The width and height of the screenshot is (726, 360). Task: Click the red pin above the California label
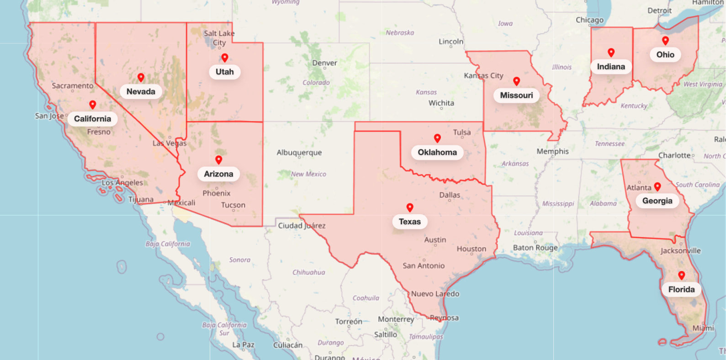coord(92,105)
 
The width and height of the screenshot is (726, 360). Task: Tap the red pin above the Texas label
coord(410,208)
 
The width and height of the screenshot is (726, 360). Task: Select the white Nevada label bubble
coord(141,91)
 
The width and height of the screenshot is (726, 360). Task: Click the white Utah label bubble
coord(224,72)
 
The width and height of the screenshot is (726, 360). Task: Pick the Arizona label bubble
coord(218,174)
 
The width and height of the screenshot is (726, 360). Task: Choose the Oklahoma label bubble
coord(437,152)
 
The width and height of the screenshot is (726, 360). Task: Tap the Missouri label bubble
coord(516,95)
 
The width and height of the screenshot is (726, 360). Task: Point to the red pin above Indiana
coord(611,53)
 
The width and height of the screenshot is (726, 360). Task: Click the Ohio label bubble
coord(665,54)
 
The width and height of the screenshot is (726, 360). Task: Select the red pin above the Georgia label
coord(657,186)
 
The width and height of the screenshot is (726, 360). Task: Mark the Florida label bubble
coord(681,289)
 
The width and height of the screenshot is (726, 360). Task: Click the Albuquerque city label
coord(299,153)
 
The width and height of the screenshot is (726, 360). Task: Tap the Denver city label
coord(324,63)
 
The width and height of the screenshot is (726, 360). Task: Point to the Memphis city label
coord(552,151)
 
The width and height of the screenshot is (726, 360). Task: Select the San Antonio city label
coord(423,265)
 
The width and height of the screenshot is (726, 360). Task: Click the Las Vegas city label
coord(170,143)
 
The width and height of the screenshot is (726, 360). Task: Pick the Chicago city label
coord(589,20)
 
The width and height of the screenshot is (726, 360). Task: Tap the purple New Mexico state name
coord(308,174)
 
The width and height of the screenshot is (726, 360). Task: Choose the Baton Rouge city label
coord(535,248)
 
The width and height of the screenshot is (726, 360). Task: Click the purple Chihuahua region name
coord(308,272)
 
